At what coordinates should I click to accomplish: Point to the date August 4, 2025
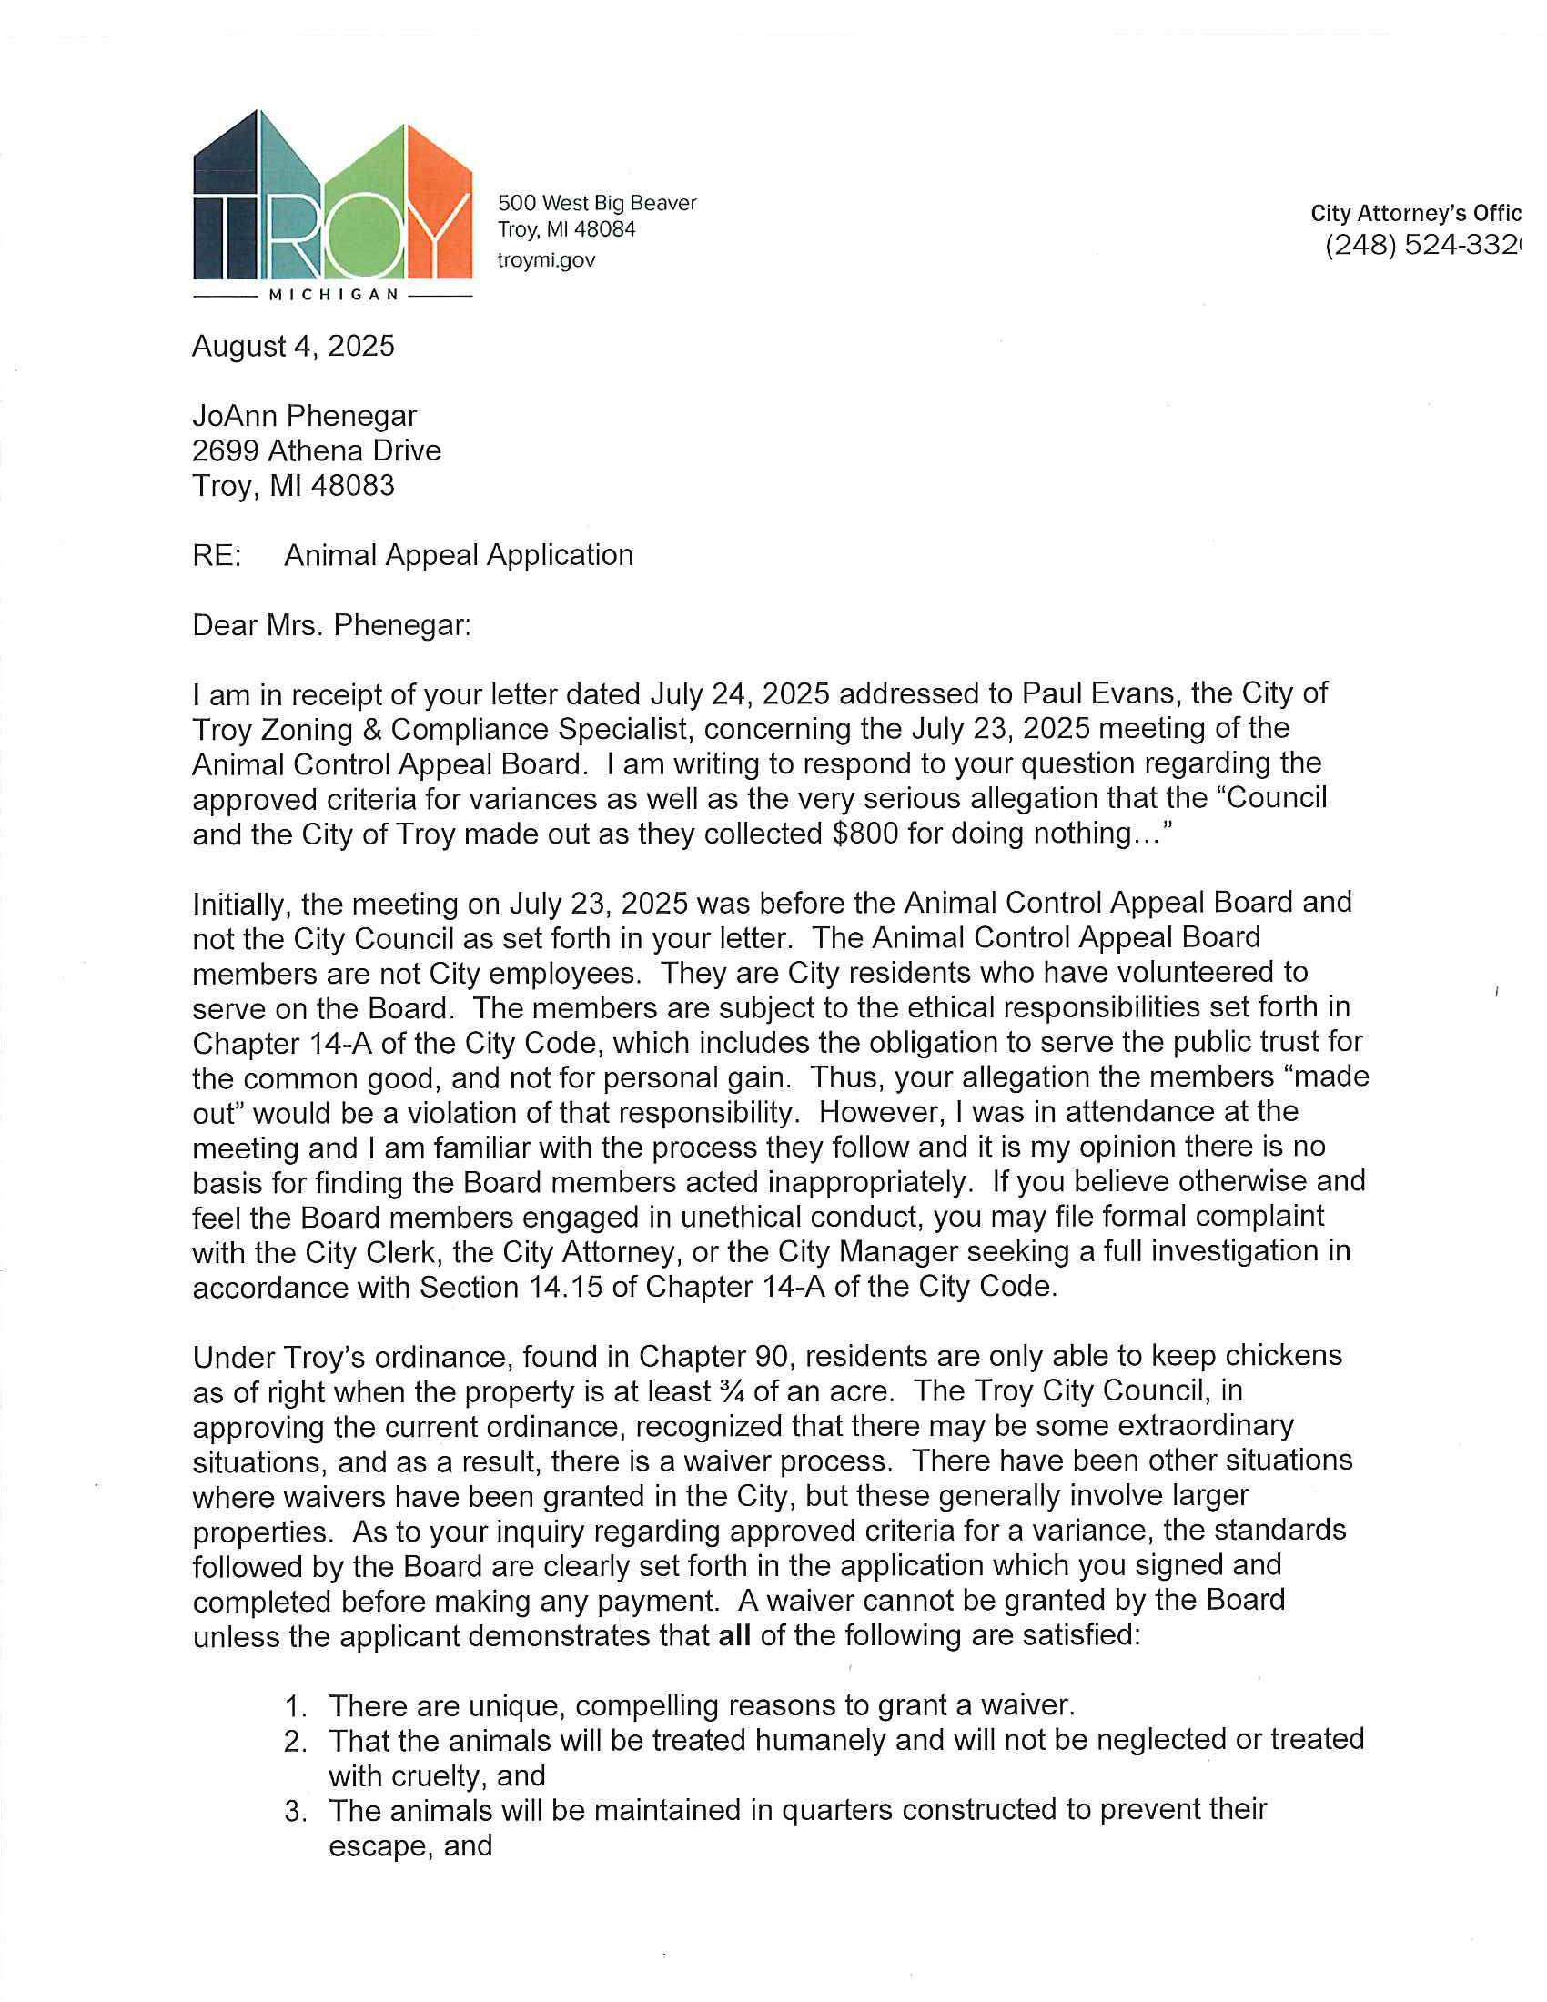pos(293,347)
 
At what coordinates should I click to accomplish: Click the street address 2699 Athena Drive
pos(316,451)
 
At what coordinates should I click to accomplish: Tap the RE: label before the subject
pos(217,555)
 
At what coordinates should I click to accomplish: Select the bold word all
pos(735,1635)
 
